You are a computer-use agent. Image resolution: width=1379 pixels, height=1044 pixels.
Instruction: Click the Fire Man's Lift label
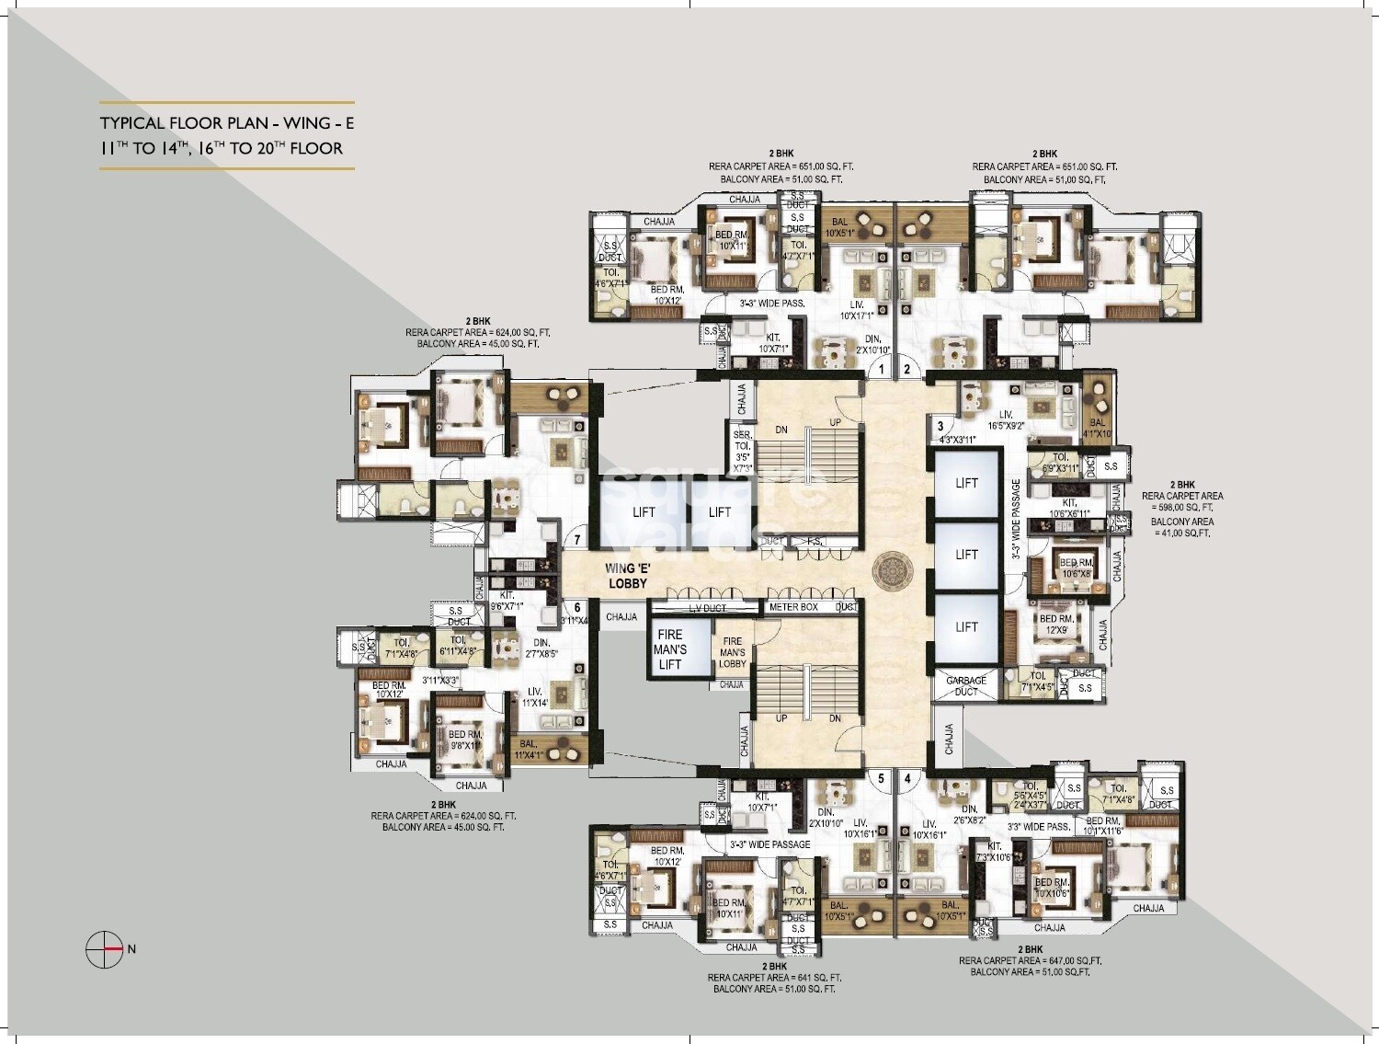pos(670,648)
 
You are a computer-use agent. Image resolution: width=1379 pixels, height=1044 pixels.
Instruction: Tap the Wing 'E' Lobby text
pos(628,576)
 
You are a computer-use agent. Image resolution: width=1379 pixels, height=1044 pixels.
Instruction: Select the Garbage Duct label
pos(966,686)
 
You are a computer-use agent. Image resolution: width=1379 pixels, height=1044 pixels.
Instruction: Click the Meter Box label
pos(793,607)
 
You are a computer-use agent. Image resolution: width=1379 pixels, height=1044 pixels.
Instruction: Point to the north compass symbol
pos(105,948)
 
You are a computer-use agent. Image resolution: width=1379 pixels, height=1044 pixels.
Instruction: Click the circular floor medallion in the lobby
pos(891,570)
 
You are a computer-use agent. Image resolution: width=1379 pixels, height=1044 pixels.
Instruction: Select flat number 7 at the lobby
pos(577,541)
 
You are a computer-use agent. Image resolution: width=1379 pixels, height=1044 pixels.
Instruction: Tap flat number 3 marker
pos(940,426)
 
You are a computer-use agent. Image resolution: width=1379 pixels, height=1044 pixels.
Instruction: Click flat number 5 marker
pos(881,779)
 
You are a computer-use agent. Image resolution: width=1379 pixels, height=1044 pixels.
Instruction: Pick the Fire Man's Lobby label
pos(733,652)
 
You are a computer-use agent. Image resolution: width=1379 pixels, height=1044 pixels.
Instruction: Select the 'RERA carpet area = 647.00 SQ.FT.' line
pos(1030,960)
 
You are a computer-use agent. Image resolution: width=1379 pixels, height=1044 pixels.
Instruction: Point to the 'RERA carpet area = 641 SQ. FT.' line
pos(774,978)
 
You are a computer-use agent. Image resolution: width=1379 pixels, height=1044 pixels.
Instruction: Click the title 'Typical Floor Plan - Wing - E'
pos(226,123)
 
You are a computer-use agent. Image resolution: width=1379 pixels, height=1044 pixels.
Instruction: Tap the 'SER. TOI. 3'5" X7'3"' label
pos(743,451)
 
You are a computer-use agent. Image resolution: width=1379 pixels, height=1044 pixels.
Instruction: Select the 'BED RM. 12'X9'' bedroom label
pos(1054,625)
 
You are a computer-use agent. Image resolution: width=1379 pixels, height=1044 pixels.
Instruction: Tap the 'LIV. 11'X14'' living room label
pos(535,697)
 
